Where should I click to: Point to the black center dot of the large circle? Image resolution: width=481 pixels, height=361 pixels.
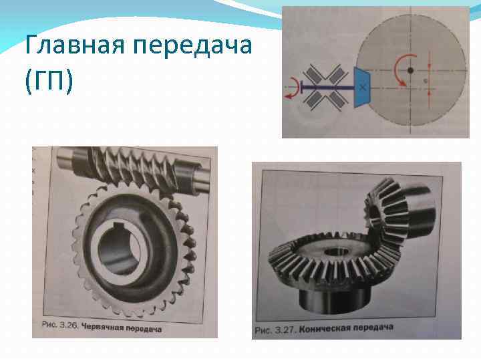point(410,70)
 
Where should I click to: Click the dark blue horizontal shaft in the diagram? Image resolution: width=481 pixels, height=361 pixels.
point(327,86)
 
